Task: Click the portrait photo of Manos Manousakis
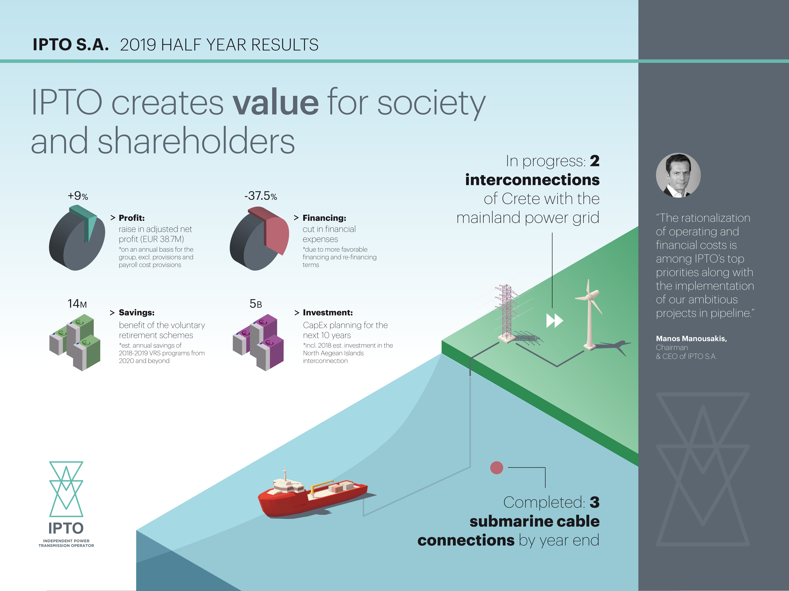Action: pos(678,175)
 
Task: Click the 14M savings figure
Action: pos(77,304)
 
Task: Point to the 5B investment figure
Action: pos(256,304)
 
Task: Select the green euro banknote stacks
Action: pos(75,342)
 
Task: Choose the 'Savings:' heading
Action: pos(137,312)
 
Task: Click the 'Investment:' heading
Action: pos(328,312)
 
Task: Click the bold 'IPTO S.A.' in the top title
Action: pos(71,45)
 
